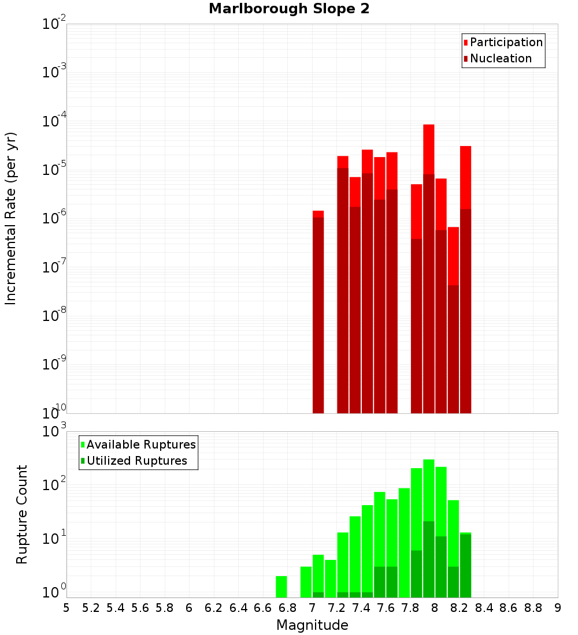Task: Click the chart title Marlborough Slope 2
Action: [x=289, y=9]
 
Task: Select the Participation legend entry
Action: [x=506, y=42]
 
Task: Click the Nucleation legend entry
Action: [x=501, y=58]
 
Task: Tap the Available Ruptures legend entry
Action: [x=141, y=444]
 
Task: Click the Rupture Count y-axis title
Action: [x=22, y=514]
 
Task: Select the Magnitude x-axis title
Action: [x=312, y=625]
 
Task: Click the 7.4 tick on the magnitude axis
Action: [x=361, y=608]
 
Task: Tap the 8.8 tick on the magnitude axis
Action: [x=533, y=608]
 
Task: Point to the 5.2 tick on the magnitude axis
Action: [x=91, y=608]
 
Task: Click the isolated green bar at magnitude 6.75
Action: [x=281, y=587]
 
